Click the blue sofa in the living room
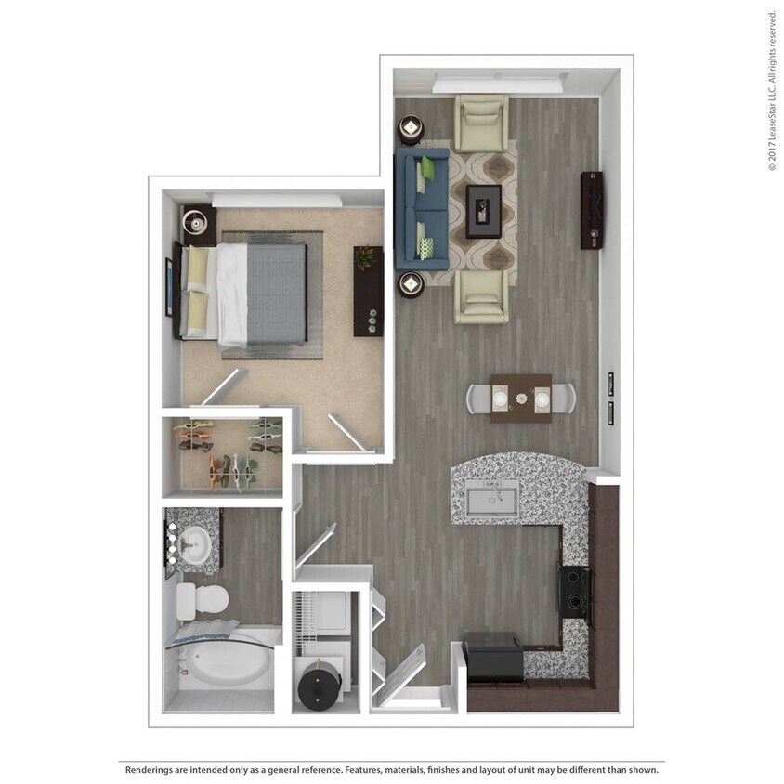click(419, 208)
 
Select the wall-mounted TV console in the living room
click(592, 210)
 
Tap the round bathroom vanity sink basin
click(196, 544)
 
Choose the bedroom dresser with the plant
click(369, 290)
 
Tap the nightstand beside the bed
click(199, 224)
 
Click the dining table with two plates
click(521, 399)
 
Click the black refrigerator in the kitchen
click(493, 657)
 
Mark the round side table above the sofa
click(410, 127)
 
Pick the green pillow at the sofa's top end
click(428, 169)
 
